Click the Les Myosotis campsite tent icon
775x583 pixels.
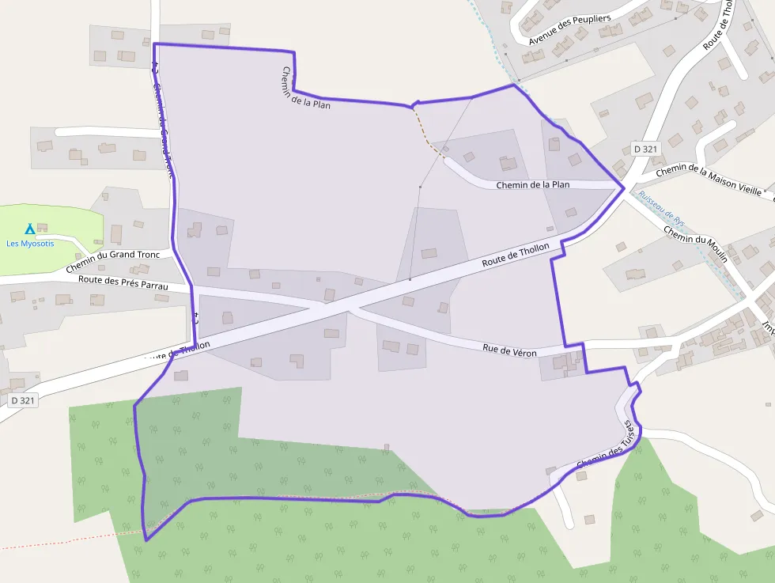[29, 229]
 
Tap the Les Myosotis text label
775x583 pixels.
[30, 243]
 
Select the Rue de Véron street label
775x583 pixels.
[509, 350]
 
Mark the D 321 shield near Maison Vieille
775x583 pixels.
[645, 149]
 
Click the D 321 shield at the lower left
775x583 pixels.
[24, 400]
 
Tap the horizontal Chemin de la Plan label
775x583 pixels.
[532, 185]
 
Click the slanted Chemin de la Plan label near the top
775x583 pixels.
[305, 87]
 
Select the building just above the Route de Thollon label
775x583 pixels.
[429, 254]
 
